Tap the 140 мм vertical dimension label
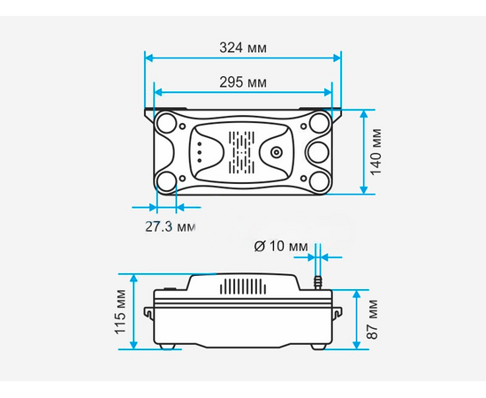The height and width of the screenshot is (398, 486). tap(377, 152)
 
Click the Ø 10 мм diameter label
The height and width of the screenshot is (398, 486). tap(282, 245)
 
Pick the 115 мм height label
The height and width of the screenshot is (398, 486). tap(121, 311)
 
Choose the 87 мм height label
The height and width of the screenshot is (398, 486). tap(373, 319)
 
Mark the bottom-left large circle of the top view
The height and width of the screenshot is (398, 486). tap(166, 181)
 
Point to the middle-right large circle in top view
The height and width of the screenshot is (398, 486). tap(317, 152)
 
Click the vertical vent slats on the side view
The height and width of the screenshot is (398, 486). tap(241, 287)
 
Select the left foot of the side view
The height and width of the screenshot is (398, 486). tap(169, 347)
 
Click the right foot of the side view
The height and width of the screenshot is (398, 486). tap(315, 347)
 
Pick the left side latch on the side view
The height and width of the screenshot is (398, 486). tap(151, 311)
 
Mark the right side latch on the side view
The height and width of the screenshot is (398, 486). tap(336, 311)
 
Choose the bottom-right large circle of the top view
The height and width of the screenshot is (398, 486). tap(318, 181)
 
